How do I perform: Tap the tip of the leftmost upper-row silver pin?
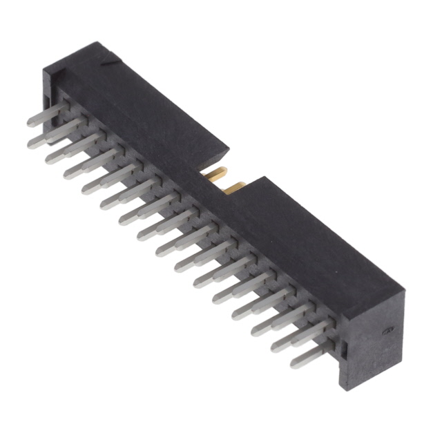click(x=30, y=123)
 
